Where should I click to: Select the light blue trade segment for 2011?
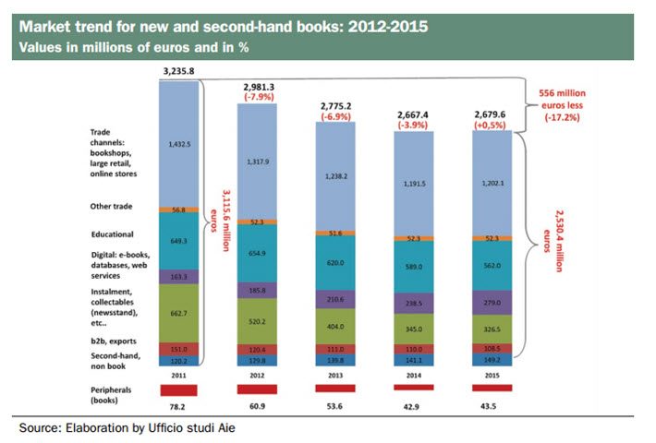coord(179,144)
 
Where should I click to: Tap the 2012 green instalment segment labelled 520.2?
coord(257,318)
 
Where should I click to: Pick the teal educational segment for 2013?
coord(335,262)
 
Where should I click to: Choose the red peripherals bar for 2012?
coord(257,389)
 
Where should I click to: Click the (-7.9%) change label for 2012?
coord(257,95)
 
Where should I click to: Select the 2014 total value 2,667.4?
coord(413,114)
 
